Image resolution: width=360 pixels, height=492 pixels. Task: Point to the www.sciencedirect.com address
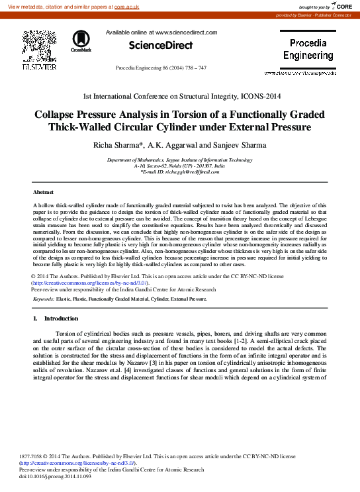pos(186,32)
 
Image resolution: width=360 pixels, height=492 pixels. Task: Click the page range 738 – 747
pos(193,68)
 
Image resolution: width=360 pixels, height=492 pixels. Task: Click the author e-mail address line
pos(180,172)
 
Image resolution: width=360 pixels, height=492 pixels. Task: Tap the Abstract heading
pos(43,191)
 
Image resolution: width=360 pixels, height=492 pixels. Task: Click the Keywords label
pos(44,299)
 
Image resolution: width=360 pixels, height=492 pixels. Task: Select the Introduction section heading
pos(60,319)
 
